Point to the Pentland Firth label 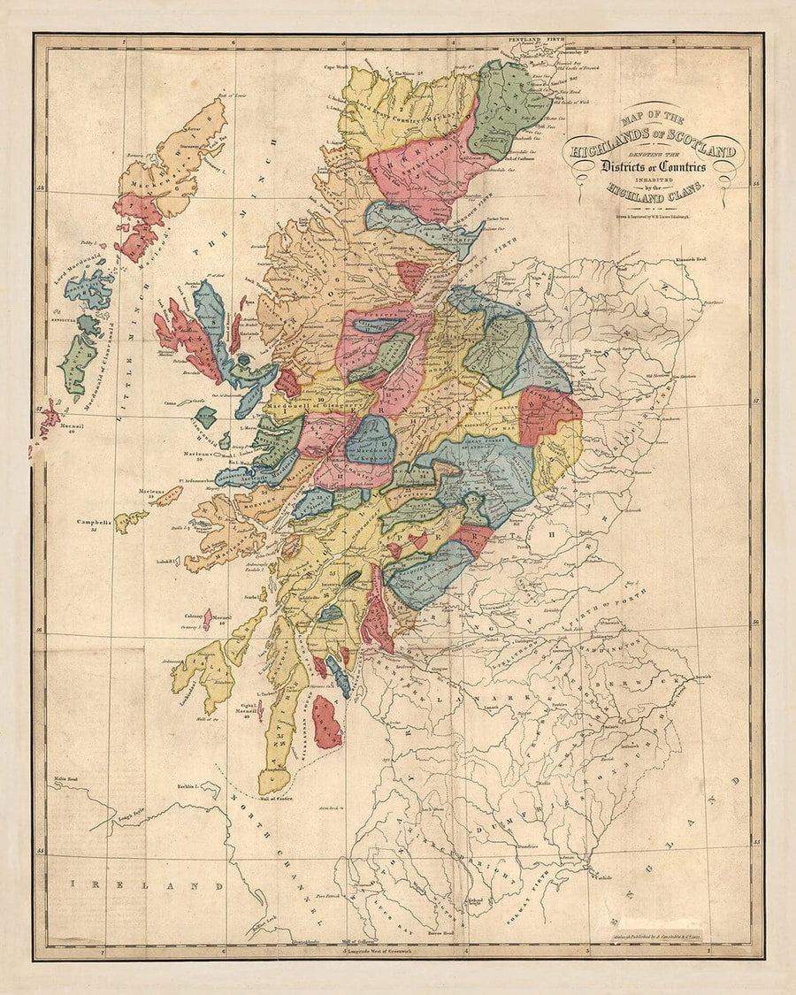(536, 40)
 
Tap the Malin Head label (70, 780)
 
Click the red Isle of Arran (325, 721)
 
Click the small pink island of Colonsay (207, 620)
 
